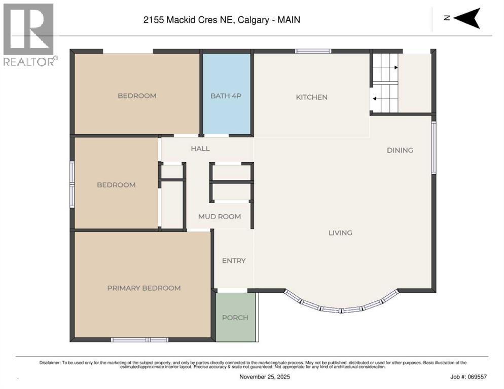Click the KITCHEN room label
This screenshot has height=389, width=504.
pos(311,97)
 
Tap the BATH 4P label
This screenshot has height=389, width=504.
pos(226,96)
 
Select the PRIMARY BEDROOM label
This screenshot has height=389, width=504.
pos(143,288)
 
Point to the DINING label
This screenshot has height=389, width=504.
pos(400,150)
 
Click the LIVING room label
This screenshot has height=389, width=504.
pos(340,232)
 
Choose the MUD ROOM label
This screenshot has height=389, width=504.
pos(220,216)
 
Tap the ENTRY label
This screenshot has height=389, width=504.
pos(234,260)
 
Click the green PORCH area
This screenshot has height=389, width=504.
pos(236,318)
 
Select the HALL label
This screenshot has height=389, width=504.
pos(200,148)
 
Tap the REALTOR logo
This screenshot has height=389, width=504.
pos(29,34)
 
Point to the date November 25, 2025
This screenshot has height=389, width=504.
pos(265,376)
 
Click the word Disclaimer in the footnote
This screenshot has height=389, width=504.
pos(50,363)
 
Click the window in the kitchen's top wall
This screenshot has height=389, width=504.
pos(313,51)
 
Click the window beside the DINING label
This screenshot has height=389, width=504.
pos(434,147)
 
